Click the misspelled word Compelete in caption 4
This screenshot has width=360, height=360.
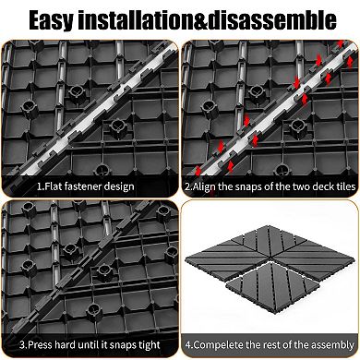[217, 349]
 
